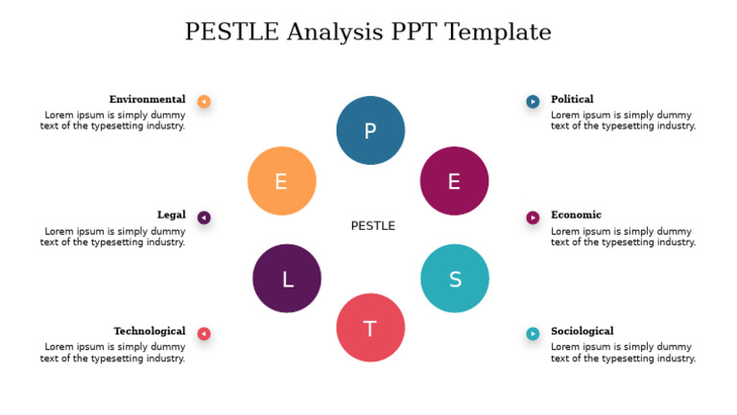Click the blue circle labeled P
(x=370, y=130)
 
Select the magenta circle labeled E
(x=454, y=180)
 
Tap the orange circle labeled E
(x=281, y=180)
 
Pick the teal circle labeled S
(x=455, y=278)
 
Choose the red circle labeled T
(x=370, y=328)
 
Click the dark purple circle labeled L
(x=287, y=278)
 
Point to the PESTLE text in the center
(x=372, y=226)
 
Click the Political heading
(x=572, y=100)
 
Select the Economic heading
(x=576, y=215)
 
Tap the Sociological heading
(x=582, y=332)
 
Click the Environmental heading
(x=147, y=100)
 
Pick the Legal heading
(x=171, y=215)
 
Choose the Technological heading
(x=149, y=332)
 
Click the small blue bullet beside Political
(x=533, y=102)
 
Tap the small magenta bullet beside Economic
(x=533, y=218)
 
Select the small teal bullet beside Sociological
(x=533, y=334)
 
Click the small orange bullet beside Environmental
(x=203, y=102)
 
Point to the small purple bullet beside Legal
(x=203, y=218)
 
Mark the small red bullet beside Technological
(x=203, y=334)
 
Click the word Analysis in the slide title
(x=337, y=32)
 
